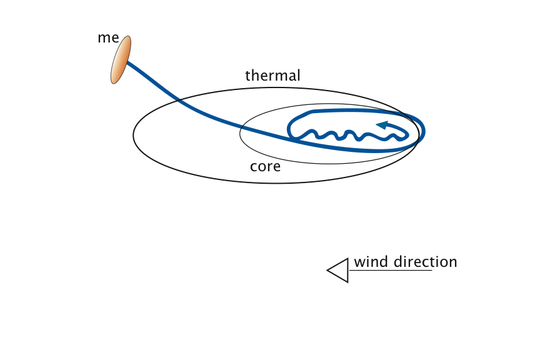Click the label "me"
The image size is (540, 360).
click(107, 37)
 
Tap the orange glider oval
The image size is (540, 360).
click(121, 60)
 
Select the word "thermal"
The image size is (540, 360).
click(272, 76)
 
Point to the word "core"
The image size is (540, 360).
click(265, 167)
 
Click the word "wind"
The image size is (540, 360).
click(372, 262)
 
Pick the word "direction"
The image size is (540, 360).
click(425, 262)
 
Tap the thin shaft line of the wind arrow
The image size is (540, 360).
click(390, 270)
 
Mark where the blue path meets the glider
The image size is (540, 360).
click(127, 62)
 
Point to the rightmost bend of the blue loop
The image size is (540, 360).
click(424, 131)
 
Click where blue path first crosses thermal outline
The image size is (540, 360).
click(179, 100)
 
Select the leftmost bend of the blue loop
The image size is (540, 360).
click(289, 129)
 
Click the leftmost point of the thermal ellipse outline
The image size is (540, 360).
click(133, 135)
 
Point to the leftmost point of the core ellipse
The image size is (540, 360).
click(240, 133)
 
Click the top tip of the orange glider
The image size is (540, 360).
click(129, 37)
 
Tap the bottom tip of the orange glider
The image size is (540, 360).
click(112, 82)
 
